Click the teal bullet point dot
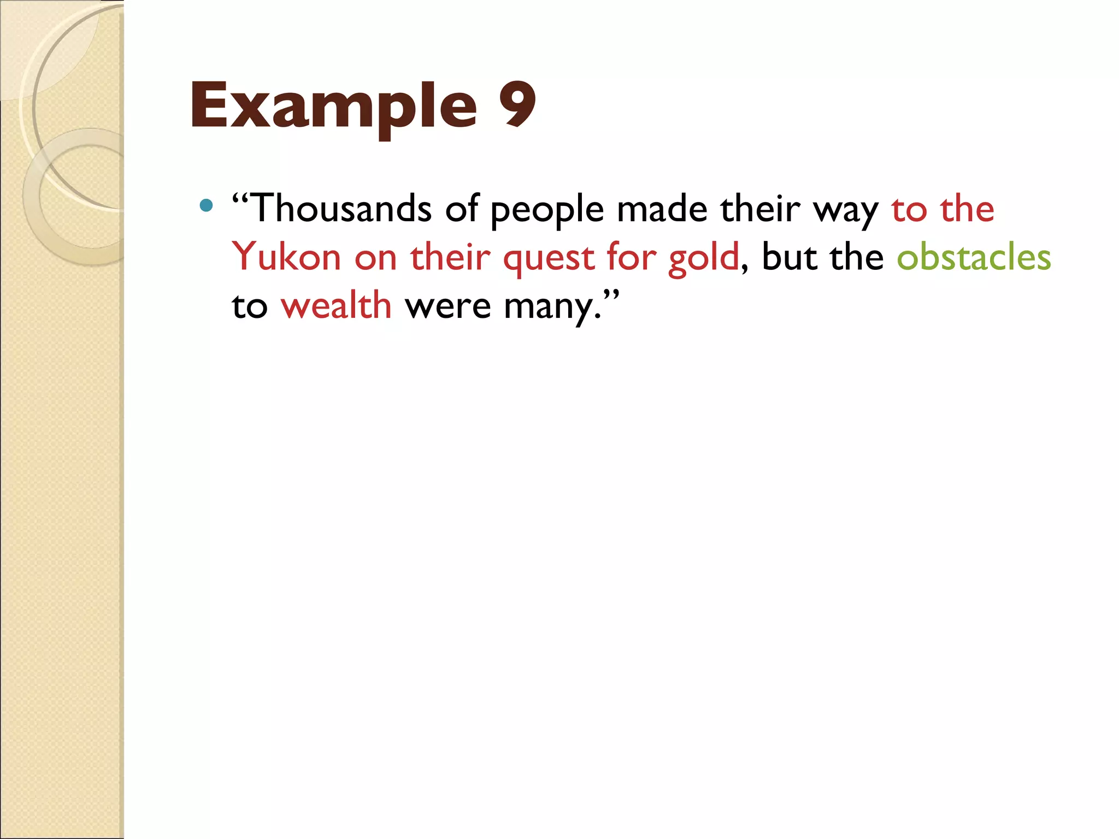point(206,205)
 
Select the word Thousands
point(343,209)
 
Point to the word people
point(547,210)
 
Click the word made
point(662,209)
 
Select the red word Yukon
point(286,257)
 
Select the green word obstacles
point(974,257)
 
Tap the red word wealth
point(336,305)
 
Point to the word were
point(447,306)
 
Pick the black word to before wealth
point(249,306)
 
